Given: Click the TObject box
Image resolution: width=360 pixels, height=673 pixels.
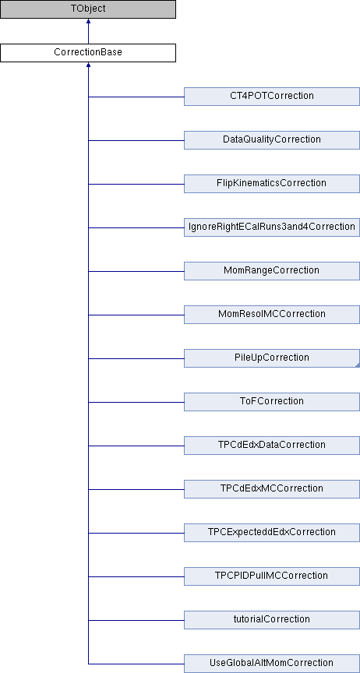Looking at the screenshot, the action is tap(88, 9).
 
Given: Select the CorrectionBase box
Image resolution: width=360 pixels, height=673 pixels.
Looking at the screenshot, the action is tap(88, 53).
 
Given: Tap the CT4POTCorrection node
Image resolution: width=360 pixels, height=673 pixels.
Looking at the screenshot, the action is tap(272, 96).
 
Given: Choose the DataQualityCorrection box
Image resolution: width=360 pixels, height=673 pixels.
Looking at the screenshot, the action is tap(272, 140).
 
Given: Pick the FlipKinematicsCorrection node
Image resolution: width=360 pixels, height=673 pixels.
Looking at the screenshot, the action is tap(272, 184).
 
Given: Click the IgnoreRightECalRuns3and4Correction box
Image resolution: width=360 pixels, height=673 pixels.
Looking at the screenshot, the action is tap(272, 227).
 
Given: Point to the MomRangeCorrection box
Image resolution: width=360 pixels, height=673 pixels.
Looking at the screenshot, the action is tap(272, 271).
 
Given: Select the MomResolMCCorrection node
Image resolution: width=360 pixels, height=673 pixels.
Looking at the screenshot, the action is tap(272, 315).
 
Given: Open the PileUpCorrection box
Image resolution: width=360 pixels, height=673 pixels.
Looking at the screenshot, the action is tap(272, 358).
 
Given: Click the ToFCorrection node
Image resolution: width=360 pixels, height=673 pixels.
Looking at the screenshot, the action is tap(272, 402).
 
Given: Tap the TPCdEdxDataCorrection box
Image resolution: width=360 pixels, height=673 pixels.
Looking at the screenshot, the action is tap(272, 445).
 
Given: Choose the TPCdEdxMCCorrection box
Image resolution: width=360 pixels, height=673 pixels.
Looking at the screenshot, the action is tap(272, 489).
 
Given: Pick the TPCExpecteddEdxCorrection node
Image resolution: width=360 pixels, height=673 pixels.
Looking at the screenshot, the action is tap(272, 533).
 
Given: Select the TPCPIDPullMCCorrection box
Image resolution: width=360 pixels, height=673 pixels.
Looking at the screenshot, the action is tap(272, 576).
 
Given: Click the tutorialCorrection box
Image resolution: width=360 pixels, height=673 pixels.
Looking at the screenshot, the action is tap(272, 620).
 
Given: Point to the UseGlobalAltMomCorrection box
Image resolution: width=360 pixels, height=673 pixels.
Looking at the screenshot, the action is tap(272, 664).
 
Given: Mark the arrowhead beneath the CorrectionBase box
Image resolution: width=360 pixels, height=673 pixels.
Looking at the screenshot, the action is tap(88, 65).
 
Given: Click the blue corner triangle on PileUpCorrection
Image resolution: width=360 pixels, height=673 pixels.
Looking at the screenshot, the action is tap(357, 365).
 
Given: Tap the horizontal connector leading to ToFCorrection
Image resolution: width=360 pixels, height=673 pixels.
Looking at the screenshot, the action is tap(136, 402).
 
